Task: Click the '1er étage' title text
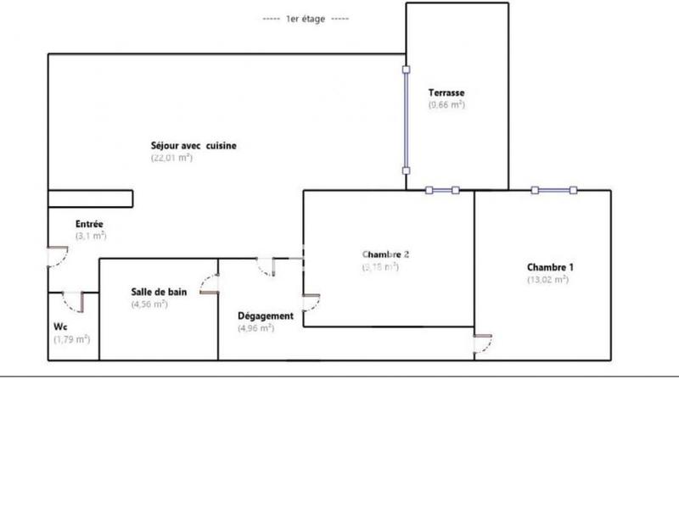coord(306,18)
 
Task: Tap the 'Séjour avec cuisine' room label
coord(194,146)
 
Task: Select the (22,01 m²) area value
coord(172,158)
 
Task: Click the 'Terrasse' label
coord(446,92)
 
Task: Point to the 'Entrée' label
coord(90,223)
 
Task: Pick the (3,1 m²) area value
coord(91,236)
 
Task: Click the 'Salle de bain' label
coord(159,292)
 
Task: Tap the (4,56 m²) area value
coord(149,304)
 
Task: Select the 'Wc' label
coord(60,326)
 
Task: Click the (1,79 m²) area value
coord(71,338)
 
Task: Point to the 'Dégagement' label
coord(266,316)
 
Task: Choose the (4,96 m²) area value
coord(255,328)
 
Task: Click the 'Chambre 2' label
coord(386,254)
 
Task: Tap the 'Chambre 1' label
coord(551,266)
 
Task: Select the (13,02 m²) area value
coord(547,279)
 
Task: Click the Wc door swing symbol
coord(73,302)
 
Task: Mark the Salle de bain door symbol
coord(209,284)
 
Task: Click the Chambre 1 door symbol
coord(482,343)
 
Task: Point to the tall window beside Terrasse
coord(406,120)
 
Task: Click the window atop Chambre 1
coord(553,190)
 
